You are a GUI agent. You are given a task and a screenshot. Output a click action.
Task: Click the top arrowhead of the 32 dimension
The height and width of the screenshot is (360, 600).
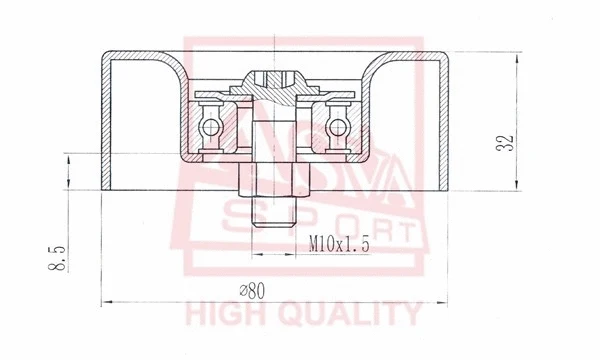tap(516, 53)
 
